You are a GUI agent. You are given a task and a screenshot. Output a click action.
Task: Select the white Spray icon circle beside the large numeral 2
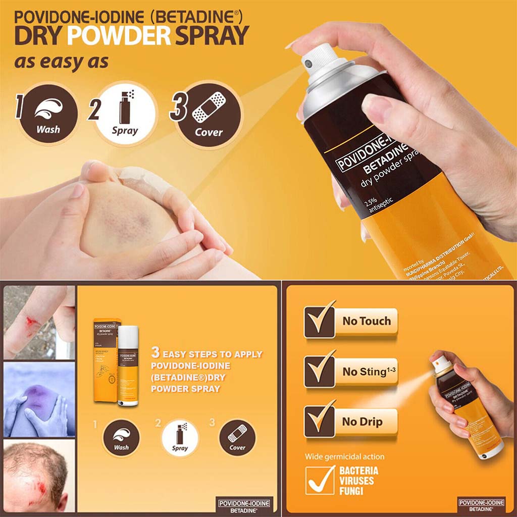pyautogui.click(x=125, y=116)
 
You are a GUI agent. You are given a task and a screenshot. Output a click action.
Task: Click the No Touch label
pyautogui.click(x=367, y=321)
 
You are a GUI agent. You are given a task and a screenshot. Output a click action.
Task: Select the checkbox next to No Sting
pyautogui.click(x=319, y=371)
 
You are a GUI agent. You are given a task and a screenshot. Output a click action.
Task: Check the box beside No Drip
pyautogui.click(x=319, y=421)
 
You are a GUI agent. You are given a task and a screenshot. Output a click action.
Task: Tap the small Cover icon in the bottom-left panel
pyautogui.click(x=237, y=438)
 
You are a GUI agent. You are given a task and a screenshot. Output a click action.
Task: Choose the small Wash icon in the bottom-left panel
pyautogui.click(x=121, y=438)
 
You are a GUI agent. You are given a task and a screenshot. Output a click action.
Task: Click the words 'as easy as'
pyautogui.click(x=61, y=62)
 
